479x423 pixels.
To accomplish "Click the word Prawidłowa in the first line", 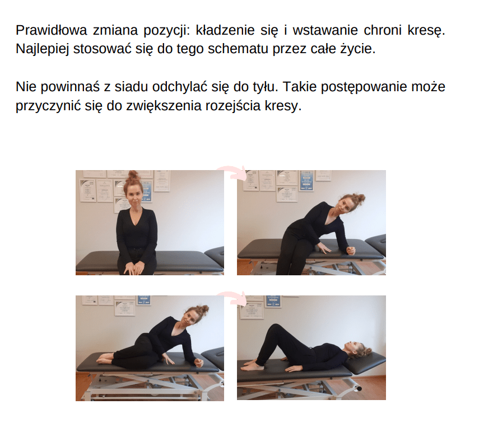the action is [51, 30].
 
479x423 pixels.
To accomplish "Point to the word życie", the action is [358, 49].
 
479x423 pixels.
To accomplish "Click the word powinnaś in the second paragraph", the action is [70, 87].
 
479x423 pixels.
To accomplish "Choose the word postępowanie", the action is [364, 87].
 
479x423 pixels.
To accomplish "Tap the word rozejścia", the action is [233, 106].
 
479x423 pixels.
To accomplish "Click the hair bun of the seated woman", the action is [133, 176].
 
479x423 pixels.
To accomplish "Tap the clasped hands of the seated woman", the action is [134, 268].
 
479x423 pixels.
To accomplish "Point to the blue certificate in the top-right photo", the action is [306, 181].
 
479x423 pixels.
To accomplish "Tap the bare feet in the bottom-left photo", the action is [105, 358].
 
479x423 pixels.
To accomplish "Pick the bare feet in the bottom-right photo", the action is [252, 365].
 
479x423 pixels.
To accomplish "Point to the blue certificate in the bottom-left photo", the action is [143, 300].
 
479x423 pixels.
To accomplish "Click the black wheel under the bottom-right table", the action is [358, 388].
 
